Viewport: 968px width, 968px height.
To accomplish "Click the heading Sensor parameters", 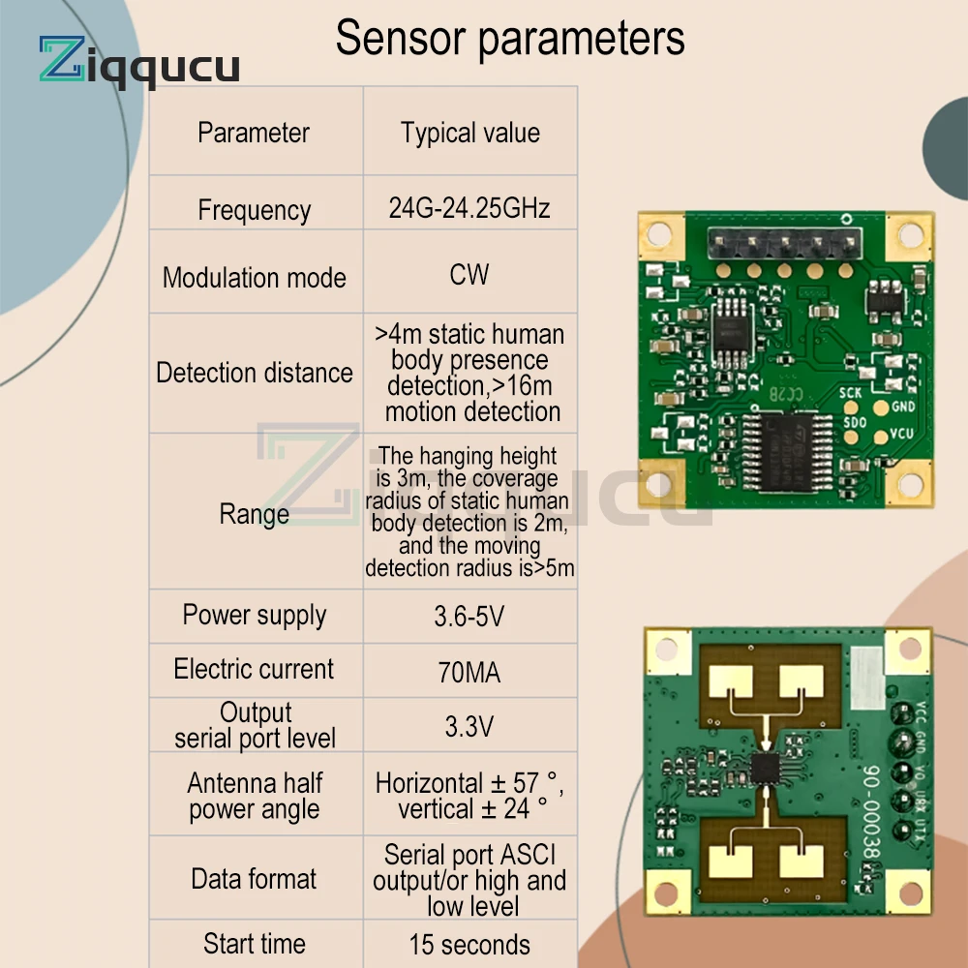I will click(x=510, y=39).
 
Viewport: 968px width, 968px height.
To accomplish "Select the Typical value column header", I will click(x=470, y=133).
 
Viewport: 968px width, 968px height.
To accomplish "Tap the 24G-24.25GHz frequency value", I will click(x=470, y=208).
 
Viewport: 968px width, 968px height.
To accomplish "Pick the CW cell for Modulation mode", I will click(x=469, y=274).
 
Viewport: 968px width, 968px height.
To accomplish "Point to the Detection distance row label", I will click(x=255, y=373).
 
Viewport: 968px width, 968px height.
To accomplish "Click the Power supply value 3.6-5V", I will click(x=470, y=616).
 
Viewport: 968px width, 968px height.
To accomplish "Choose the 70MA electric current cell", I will click(x=469, y=672).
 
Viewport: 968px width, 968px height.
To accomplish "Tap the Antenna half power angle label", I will click(x=255, y=796).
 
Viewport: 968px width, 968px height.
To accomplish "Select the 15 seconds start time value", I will click(x=469, y=945).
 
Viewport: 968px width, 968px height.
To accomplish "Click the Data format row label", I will click(x=254, y=879).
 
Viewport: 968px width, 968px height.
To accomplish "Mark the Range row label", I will click(x=254, y=514).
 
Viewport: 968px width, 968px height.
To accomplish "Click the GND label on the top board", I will click(x=903, y=407).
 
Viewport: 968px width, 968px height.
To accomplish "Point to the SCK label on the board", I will click(x=851, y=393).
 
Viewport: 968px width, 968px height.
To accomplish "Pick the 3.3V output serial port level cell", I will click(x=469, y=727).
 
